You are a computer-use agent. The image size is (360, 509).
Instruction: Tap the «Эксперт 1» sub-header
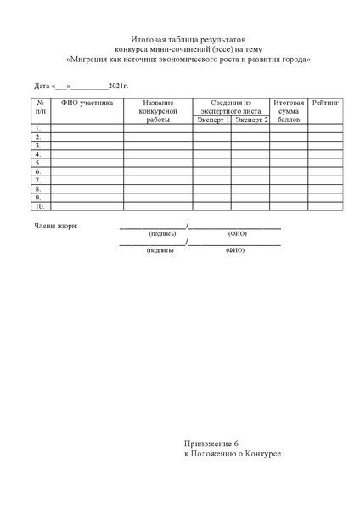pyautogui.click(x=212, y=120)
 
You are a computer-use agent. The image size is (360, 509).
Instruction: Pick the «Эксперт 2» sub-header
pyautogui.click(x=251, y=120)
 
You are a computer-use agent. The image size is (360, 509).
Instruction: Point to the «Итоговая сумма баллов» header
pyautogui.click(x=290, y=111)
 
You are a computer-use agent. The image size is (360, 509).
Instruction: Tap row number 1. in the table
pyautogui.click(x=38, y=129)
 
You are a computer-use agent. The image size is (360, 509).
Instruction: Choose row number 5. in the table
pyautogui.click(x=38, y=163)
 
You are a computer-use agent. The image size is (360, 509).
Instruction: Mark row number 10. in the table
pyautogui.click(x=40, y=205)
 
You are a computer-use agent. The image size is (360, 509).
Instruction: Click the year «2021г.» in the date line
pyautogui.click(x=118, y=87)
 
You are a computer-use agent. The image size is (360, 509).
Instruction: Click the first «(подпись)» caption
pyautogui.click(x=161, y=233)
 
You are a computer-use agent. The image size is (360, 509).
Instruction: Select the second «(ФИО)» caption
pyautogui.click(x=234, y=251)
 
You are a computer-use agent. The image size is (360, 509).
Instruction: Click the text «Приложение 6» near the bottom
pyautogui.click(x=213, y=444)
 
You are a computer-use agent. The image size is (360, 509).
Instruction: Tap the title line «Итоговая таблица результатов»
pyautogui.click(x=188, y=40)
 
